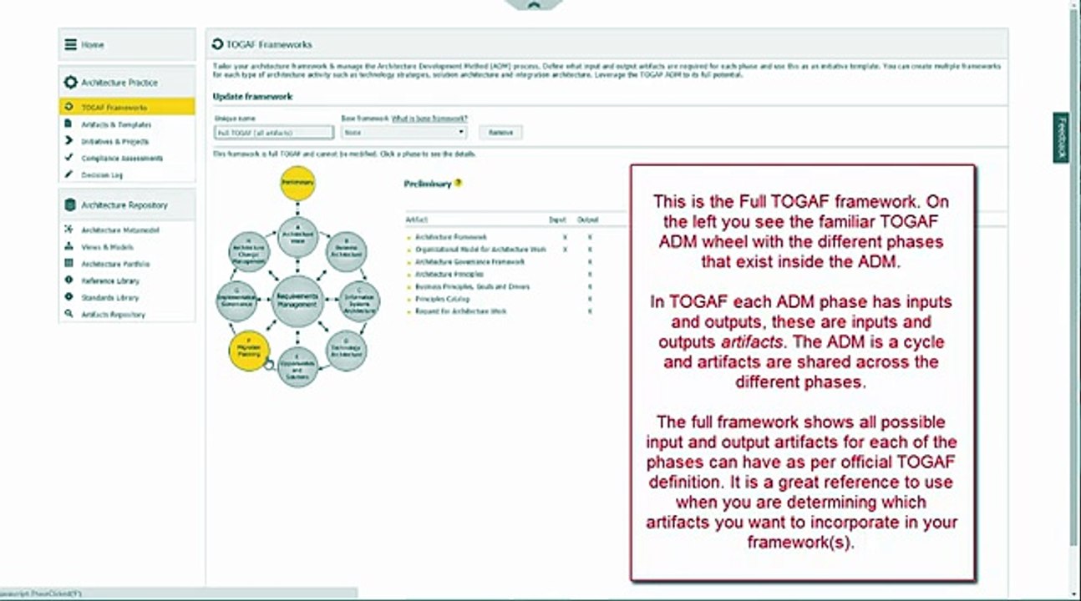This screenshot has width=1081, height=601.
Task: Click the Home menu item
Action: click(x=93, y=45)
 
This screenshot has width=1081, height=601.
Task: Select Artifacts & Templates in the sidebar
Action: click(x=116, y=124)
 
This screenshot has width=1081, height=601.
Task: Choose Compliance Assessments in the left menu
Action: click(x=121, y=159)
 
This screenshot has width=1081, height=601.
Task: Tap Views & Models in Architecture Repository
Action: click(x=107, y=247)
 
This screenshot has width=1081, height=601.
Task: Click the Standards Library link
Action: click(x=109, y=298)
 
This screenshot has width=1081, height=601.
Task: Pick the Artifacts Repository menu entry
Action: click(x=113, y=315)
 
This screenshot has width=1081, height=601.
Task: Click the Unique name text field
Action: click(x=273, y=133)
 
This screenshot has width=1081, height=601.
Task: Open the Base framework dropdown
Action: click(x=403, y=133)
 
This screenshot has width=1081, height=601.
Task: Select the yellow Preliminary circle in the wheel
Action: click(x=297, y=183)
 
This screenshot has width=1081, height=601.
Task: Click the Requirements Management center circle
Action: click(x=297, y=301)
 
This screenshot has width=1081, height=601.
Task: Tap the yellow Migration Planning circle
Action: click(x=249, y=350)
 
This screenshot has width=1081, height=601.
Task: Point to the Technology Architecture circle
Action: click(x=345, y=350)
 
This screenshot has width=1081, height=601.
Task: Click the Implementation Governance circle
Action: click(x=235, y=301)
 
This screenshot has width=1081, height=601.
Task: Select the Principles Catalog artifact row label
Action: click(x=442, y=299)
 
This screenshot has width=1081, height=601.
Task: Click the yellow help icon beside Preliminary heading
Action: click(x=459, y=184)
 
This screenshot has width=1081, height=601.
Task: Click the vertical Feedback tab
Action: click(x=1061, y=139)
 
